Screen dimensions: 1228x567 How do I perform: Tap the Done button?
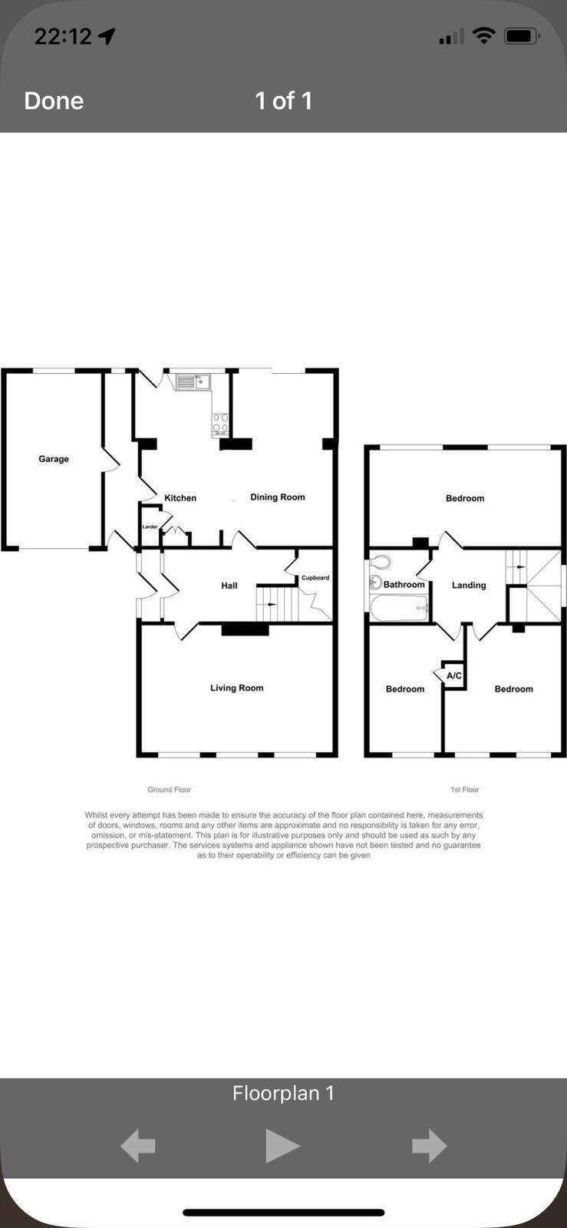[54, 101]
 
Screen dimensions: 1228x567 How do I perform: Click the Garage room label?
[54, 459]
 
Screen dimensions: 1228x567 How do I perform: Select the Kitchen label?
[180, 498]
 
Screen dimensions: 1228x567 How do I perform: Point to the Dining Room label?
[277, 497]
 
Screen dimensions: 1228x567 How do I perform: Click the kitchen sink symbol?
[193, 381]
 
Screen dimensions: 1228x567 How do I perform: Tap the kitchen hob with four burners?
[220, 424]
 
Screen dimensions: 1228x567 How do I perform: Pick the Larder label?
[150, 527]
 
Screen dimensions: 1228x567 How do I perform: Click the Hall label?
[229, 586]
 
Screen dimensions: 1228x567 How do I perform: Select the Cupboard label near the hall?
[315, 578]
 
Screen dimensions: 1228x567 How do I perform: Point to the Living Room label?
[236, 688]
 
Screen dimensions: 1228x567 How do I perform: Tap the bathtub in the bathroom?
[399, 609]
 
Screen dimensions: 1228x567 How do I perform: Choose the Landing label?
[469, 585]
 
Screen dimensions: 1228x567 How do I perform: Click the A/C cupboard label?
[454, 676]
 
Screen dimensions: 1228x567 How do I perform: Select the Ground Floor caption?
[169, 790]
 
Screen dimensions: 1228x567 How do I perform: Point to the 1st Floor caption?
[465, 790]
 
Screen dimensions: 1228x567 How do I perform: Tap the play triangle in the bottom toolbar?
[282, 1146]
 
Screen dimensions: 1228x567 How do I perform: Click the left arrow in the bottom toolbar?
[138, 1146]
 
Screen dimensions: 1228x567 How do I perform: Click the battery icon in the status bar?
[522, 36]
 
